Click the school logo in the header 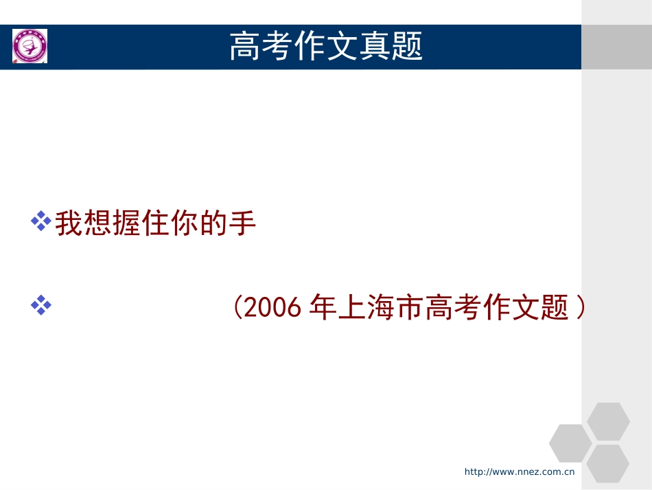click(30, 47)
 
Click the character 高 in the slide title click(244, 47)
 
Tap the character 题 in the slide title click(408, 47)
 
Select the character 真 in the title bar click(375, 47)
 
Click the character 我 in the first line click(69, 224)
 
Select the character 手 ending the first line click(243, 224)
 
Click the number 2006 click(273, 307)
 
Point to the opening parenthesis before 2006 click(237, 307)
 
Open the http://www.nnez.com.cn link click(519, 471)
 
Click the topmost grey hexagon click(608, 421)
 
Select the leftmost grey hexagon click(570, 443)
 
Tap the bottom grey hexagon click(608, 464)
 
